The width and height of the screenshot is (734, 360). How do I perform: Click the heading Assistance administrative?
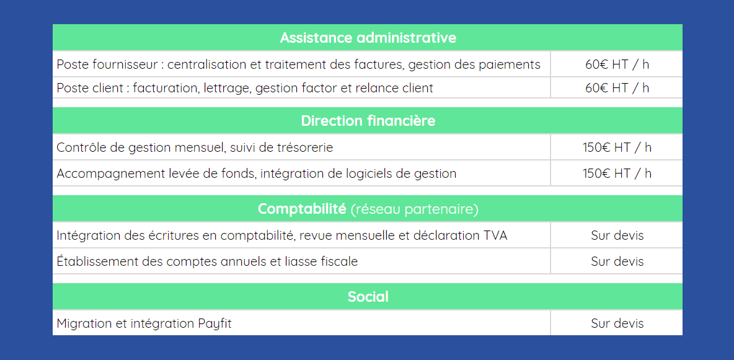pos(368,37)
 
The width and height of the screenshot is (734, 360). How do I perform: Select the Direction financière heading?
pos(368,121)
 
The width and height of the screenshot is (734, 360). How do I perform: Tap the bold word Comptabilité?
pos(302,209)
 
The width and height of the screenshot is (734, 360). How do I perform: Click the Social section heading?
pos(368,296)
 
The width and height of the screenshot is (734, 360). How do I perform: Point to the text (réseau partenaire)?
pos(414,209)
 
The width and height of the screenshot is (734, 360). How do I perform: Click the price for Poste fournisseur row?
pos(617,64)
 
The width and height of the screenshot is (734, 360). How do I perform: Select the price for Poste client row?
pos(617,87)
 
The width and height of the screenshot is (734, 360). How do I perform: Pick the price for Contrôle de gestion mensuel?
pos(617,147)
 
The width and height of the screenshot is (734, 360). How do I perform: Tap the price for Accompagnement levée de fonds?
pos(617,173)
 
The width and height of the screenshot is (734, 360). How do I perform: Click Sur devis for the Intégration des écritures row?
pos(617,235)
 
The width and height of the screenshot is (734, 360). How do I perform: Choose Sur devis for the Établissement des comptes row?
pos(617,261)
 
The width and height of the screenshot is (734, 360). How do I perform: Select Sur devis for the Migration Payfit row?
pos(617,323)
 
